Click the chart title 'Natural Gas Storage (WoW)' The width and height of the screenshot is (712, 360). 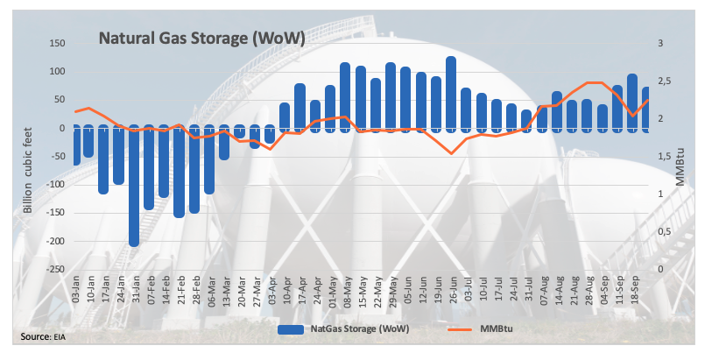click(x=201, y=39)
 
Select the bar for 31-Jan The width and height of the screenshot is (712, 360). click(x=134, y=185)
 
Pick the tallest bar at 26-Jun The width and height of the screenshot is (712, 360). click(x=451, y=94)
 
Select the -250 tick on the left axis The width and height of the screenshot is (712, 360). click(x=53, y=270)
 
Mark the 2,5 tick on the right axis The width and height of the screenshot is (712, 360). click(x=666, y=81)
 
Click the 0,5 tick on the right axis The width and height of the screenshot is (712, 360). click(x=666, y=232)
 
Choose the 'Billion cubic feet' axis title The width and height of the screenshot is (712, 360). click(x=29, y=169)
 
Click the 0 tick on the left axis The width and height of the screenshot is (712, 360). click(x=61, y=128)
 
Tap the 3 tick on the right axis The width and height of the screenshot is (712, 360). click(x=660, y=43)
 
